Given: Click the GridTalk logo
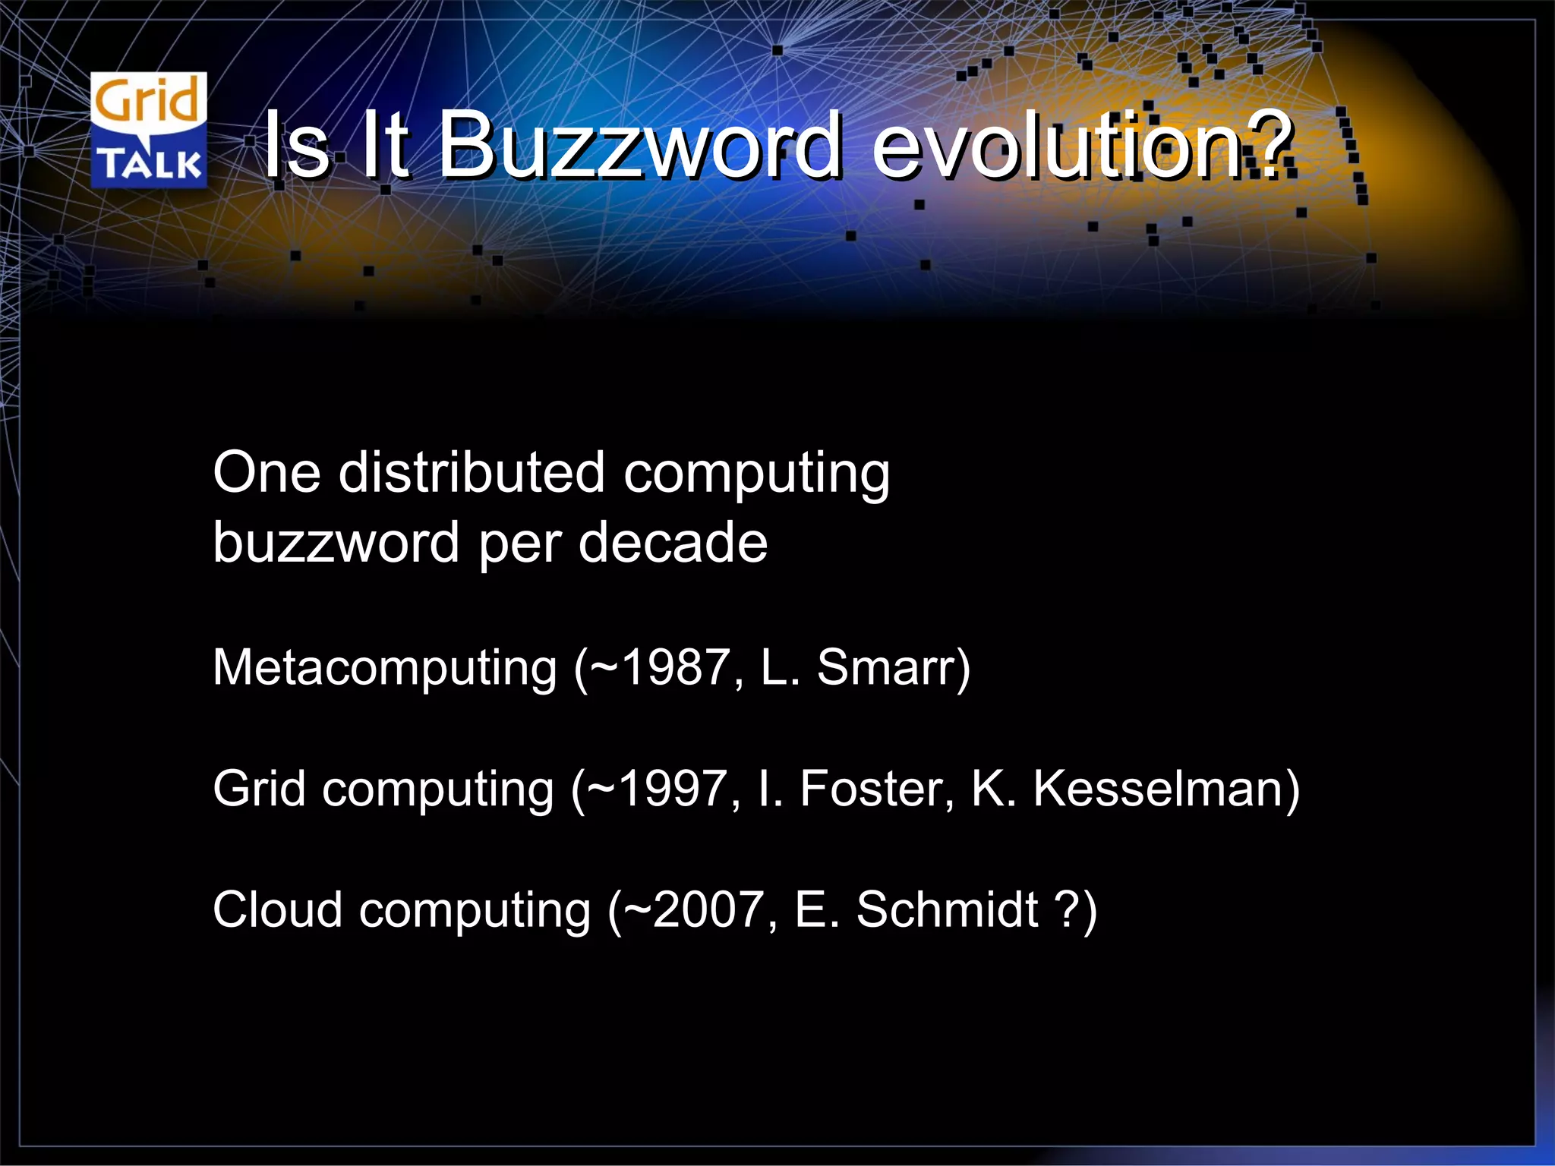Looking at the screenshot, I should (x=149, y=130).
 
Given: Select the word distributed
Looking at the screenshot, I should (x=471, y=474).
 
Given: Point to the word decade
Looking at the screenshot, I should (x=673, y=543).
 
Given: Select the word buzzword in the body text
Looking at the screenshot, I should (x=336, y=543).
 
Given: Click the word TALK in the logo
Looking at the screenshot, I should (x=149, y=163).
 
